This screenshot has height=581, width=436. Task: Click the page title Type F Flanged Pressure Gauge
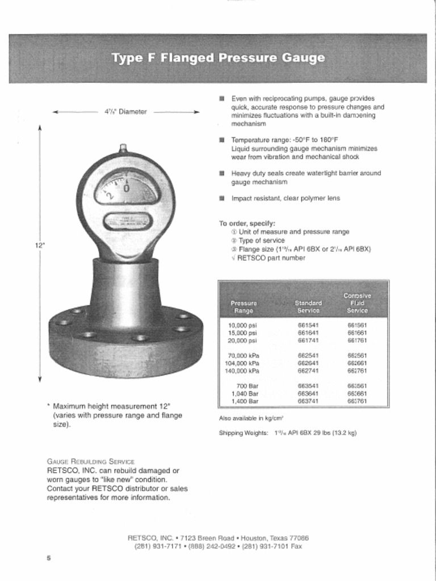[x=218, y=58]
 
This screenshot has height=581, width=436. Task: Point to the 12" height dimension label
[x=40, y=245]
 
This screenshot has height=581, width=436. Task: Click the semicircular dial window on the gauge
[x=125, y=189]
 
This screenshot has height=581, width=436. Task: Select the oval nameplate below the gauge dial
[x=125, y=221]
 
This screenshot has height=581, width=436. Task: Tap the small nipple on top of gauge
[x=123, y=148]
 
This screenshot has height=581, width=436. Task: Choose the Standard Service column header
[x=308, y=307]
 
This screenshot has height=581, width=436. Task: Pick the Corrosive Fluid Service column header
[x=357, y=303]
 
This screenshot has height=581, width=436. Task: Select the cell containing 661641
[x=308, y=333]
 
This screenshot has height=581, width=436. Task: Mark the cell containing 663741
[x=308, y=401]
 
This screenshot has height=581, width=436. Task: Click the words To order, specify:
[x=247, y=223]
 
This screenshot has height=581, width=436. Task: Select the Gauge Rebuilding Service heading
[x=90, y=461]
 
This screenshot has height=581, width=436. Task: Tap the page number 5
[x=49, y=558]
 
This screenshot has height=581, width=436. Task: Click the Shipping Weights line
[x=287, y=433]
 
